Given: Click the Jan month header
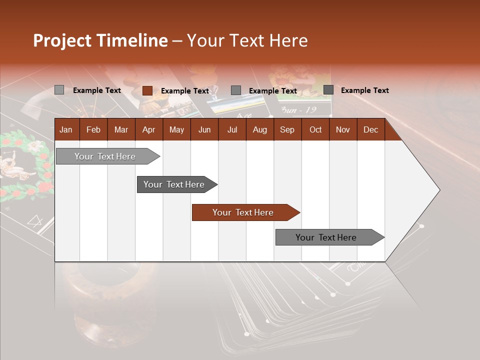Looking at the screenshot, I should (x=66, y=129).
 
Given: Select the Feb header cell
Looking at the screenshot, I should (x=93, y=129).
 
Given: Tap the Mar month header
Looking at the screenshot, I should (x=121, y=129).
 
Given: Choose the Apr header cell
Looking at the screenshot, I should (x=149, y=129).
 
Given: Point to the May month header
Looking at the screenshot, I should (x=176, y=129).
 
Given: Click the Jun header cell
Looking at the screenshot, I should (x=204, y=129).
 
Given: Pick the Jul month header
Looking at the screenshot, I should (x=232, y=129).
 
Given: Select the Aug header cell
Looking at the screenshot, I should (x=260, y=129).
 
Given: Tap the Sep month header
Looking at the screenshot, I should (x=287, y=129).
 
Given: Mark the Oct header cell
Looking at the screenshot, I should (x=315, y=129).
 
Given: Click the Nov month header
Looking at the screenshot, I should (x=343, y=129).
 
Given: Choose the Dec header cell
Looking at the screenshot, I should (x=371, y=129).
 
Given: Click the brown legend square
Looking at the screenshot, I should (x=147, y=90).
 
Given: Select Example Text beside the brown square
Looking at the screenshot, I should (x=185, y=91).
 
